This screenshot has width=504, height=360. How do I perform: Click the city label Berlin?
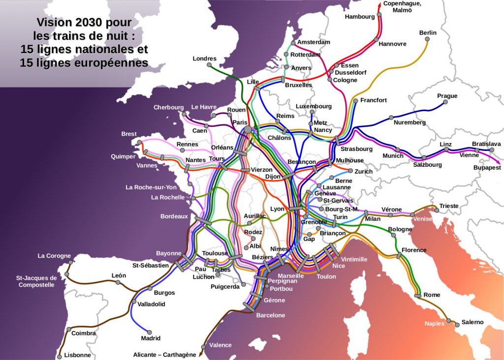click(x=428, y=33)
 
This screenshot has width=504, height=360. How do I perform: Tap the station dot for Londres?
click(x=209, y=64)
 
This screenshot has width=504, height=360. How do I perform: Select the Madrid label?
click(x=151, y=338)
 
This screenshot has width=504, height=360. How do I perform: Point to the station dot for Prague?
click(x=445, y=102)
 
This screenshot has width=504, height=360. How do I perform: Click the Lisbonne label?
click(x=77, y=355)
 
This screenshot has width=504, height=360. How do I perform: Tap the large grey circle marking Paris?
click(x=248, y=129)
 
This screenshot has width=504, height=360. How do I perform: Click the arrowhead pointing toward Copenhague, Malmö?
click(x=379, y=4)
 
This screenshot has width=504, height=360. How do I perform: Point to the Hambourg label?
click(x=360, y=17)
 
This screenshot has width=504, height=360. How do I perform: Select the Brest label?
click(x=129, y=134)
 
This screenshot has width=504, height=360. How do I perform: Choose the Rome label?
click(x=432, y=295)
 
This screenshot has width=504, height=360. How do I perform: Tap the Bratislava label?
click(x=486, y=144)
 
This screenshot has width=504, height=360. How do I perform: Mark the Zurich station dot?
click(x=350, y=171)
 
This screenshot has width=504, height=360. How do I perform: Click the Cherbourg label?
click(x=168, y=107)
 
